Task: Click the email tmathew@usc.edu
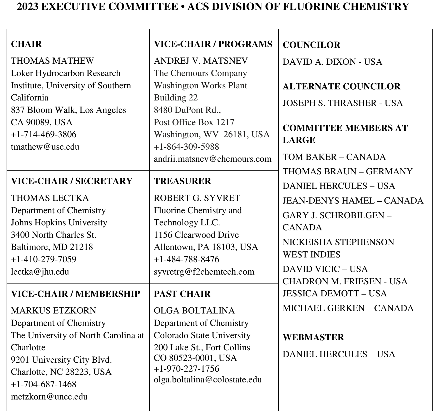tap(45, 147)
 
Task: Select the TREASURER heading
tap(182, 181)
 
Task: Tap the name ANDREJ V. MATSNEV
tap(201, 61)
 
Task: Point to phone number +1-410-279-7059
tap(43, 259)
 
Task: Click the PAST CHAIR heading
tap(182, 294)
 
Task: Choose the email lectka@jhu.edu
tap(40, 271)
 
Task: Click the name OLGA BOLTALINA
tap(194, 311)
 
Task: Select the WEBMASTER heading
tap(313, 337)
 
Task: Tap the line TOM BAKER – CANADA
tap(334, 157)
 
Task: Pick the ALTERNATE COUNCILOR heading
tap(341, 87)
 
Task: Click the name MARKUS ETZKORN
tap(53, 311)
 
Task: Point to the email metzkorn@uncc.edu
tap(49, 396)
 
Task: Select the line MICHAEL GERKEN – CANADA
tap(348, 308)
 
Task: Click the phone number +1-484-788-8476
tap(186, 259)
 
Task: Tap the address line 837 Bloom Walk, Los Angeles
tap(68, 110)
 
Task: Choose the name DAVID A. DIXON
tap(319, 62)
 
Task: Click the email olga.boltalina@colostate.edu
tap(208, 379)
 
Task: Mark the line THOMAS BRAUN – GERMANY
tap(347, 171)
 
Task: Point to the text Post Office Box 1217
tap(194, 122)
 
